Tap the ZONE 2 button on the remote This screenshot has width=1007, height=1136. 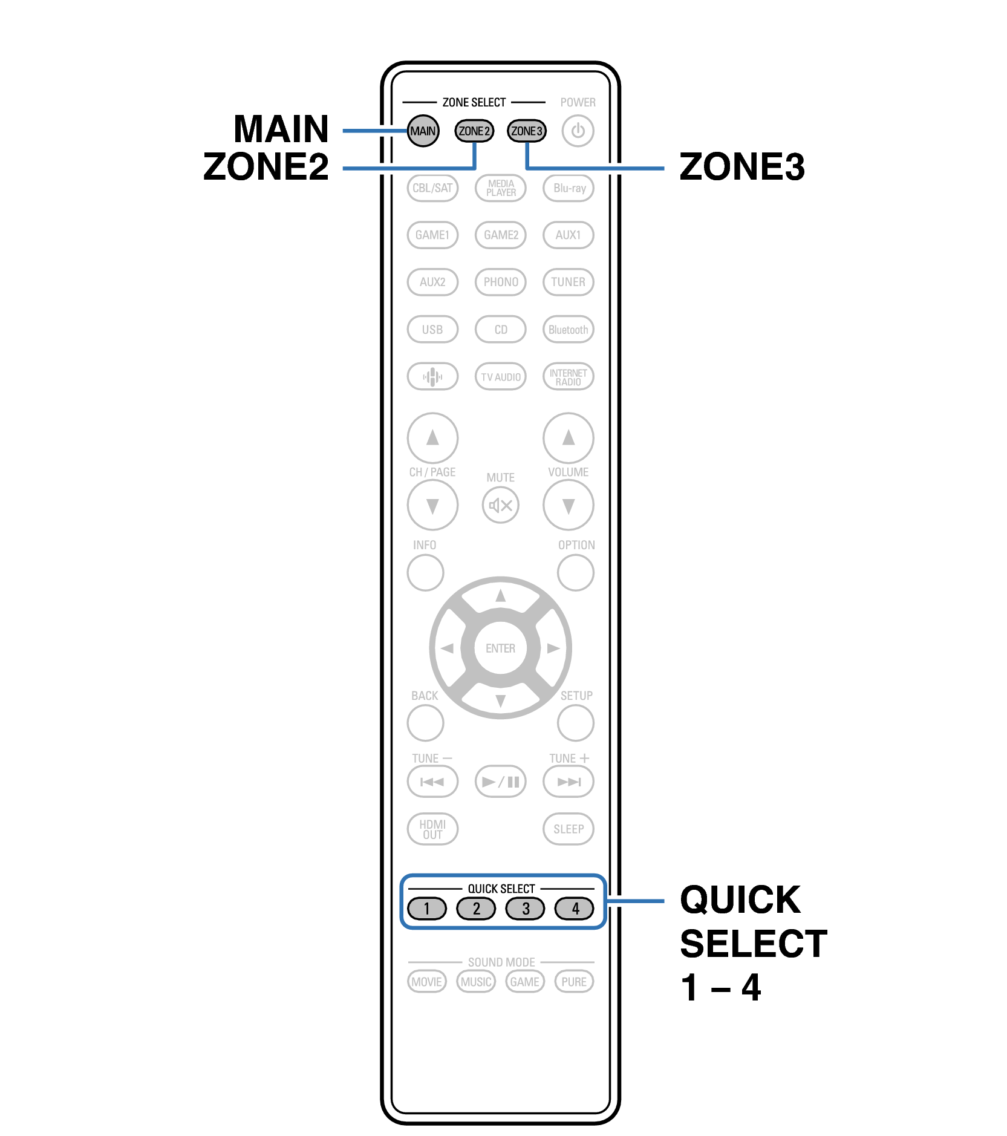coord(474,131)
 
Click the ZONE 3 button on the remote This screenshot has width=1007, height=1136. coord(527,131)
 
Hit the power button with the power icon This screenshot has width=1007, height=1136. coord(578,131)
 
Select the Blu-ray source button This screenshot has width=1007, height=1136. coord(569,188)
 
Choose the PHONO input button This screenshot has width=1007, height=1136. coord(501,282)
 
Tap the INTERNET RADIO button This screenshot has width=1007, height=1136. coord(569,377)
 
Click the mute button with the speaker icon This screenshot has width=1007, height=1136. coord(501,505)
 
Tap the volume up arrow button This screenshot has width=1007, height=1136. coord(569,437)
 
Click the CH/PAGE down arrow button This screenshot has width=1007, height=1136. coord(432,505)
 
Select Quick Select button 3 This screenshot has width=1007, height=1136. coord(526,908)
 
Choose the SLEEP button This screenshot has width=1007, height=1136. coord(569,829)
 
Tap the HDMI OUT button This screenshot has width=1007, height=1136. coord(432,829)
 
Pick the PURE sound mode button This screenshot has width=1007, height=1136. coord(574,981)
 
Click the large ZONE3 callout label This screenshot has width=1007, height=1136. coord(742,166)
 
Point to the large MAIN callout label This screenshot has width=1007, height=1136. coord(281,129)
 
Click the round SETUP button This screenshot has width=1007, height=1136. coord(576,723)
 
